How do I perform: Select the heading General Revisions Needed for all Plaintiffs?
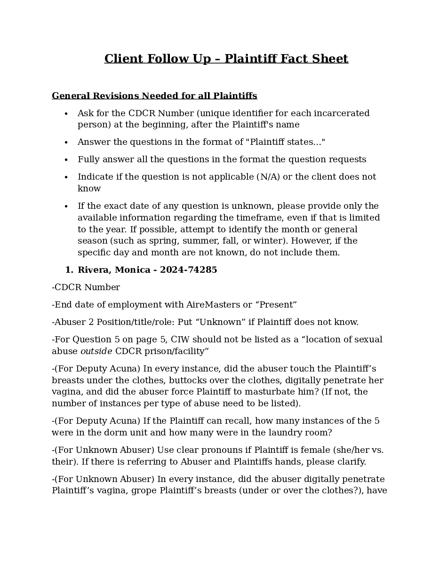[x=154, y=96]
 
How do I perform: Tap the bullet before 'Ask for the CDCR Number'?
[x=66, y=114]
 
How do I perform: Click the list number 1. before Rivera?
[x=69, y=270]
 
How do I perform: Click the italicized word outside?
[x=96, y=351]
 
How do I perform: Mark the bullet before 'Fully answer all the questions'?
[x=66, y=160]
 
